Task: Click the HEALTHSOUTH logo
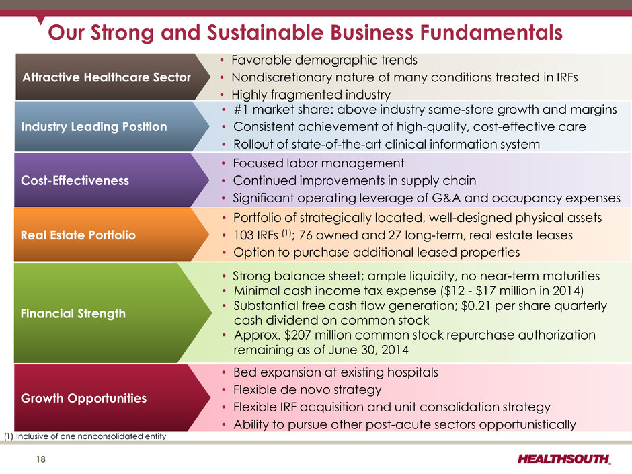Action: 564,459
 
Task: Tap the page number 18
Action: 41,459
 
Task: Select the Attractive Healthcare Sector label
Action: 106,77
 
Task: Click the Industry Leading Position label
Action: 94,126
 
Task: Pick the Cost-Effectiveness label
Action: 75,180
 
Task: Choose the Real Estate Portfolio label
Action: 78,235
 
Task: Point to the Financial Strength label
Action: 73,313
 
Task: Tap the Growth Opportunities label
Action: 84,398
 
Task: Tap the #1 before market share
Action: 241,110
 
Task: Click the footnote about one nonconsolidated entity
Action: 85,436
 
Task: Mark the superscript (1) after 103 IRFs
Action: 286,233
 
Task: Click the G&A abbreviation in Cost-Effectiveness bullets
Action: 444,198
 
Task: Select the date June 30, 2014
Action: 368,350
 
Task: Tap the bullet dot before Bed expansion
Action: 224,373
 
